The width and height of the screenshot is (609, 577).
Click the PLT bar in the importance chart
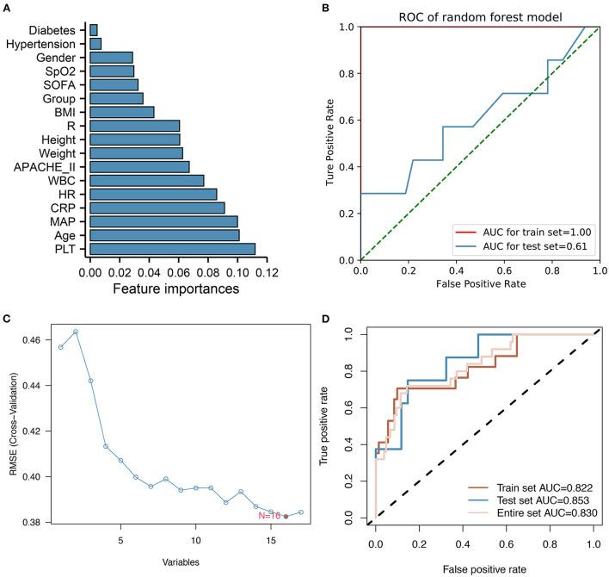tap(172, 249)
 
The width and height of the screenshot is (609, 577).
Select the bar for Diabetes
tap(93, 29)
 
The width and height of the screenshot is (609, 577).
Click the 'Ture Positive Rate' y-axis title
tap(330, 143)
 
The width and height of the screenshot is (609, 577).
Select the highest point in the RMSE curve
tap(76, 332)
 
